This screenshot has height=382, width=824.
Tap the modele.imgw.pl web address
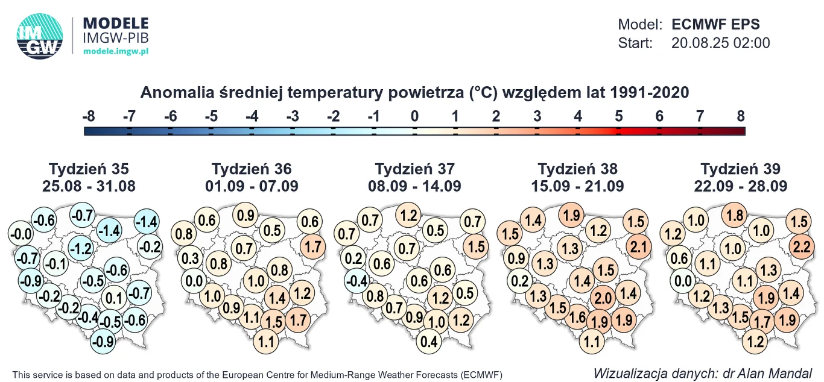coord(115,52)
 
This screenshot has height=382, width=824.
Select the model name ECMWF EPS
coord(715,25)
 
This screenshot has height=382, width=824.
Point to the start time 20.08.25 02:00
coord(720,43)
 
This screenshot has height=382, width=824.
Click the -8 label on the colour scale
coord(88,116)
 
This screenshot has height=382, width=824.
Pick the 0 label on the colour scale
coord(414,116)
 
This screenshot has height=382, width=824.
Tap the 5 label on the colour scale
coord(618,116)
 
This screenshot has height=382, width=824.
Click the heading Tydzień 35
coord(89,169)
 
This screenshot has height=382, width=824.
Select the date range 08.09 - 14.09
coord(415,186)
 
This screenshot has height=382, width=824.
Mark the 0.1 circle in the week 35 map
coord(113,298)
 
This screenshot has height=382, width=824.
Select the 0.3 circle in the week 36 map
coord(190,258)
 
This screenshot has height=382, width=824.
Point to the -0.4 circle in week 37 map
coord(359,280)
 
